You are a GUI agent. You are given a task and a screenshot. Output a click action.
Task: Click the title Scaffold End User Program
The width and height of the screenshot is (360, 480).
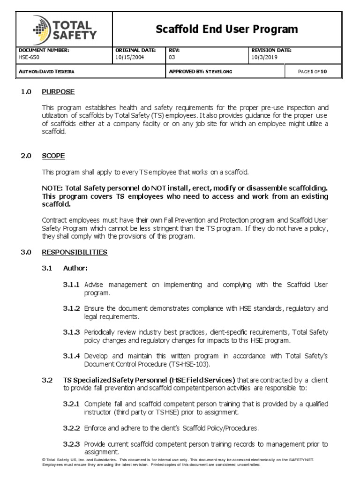pos(227,30)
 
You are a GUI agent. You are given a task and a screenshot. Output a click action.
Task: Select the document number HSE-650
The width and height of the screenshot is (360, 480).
pos(29,58)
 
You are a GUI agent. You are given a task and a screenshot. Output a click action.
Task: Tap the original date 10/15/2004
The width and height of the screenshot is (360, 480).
pos(130,58)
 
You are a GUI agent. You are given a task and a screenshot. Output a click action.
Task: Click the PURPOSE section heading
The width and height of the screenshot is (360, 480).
pos(58,92)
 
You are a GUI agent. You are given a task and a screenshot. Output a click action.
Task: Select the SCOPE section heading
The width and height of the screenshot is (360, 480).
pos(53,156)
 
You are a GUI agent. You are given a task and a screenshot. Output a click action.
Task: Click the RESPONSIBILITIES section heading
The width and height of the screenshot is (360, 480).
pos(75,252)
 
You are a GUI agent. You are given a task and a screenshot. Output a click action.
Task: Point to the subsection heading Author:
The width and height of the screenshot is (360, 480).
pos(75,268)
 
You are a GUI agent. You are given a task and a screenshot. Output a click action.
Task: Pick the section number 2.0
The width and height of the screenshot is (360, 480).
pos(26,156)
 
